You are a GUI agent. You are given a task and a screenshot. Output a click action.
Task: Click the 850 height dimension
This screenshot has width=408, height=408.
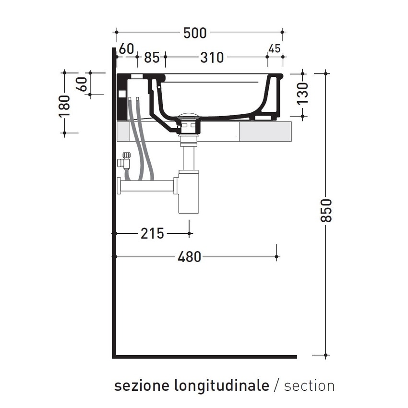pyautogui.click(x=326, y=210)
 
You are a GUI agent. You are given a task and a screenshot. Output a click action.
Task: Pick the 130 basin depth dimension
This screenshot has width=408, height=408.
pyautogui.click(x=302, y=94)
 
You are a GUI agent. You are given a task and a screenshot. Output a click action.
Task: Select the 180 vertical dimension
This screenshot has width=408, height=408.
pyautogui.click(x=64, y=106)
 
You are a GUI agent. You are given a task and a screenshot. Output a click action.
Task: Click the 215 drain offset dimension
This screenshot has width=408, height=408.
pyautogui.click(x=152, y=234)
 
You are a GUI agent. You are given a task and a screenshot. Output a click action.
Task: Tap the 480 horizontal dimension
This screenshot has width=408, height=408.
pyautogui.click(x=189, y=257)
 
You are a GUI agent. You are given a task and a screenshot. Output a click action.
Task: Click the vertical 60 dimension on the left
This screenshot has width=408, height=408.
pyautogui.click(x=82, y=84)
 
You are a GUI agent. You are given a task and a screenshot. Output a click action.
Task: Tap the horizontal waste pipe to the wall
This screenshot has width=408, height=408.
pyautogui.click(x=146, y=185)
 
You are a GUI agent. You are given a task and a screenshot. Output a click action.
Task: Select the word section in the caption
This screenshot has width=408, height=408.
pyautogui.click(x=309, y=385)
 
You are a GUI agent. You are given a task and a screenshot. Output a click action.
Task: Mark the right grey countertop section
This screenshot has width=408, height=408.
pyautogui.click(x=265, y=131)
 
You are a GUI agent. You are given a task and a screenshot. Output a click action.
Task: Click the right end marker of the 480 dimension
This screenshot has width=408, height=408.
pyautogui.click(x=276, y=257)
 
